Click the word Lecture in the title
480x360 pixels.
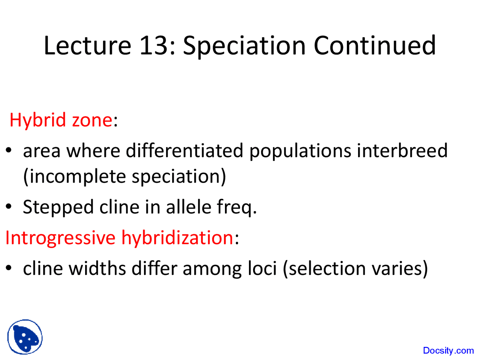coord(87,46)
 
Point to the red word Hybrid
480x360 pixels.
coord(37,120)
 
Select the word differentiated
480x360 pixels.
coord(184,151)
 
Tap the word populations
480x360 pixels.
coord(300,151)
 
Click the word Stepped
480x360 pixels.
coord(58,207)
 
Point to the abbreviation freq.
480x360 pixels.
coord(237,207)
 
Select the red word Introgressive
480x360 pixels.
coord(60,238)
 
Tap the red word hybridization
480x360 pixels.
coord(177,238)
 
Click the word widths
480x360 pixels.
coord(97,268)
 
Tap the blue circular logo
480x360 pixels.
coord(25,337)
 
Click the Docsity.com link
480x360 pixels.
coord(448,351)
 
